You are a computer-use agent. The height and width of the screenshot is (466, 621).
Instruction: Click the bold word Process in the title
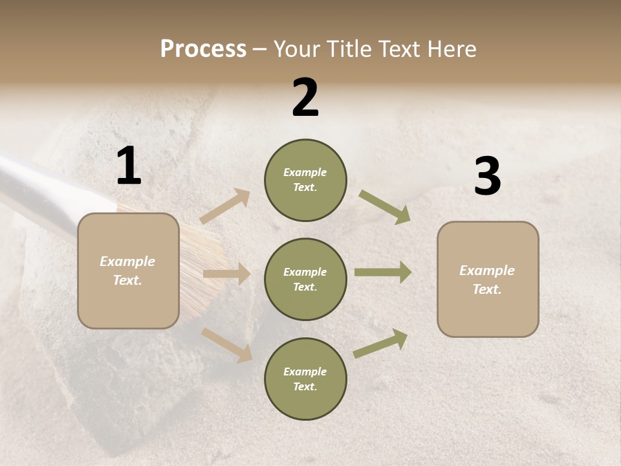point(203,49)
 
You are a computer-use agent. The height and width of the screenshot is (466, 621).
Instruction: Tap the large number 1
point(129,166)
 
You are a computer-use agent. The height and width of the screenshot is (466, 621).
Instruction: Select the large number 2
point(305,98)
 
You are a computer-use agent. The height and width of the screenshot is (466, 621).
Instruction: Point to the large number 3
point(487,177)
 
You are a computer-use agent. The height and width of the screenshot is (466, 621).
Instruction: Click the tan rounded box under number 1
point(128,271)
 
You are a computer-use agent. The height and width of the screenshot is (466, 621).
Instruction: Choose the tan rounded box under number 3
point(488,279)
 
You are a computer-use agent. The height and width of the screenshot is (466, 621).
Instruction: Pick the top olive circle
point(305,180)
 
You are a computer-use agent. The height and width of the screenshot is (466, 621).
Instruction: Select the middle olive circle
point(305,279)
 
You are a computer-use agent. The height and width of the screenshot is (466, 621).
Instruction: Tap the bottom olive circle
point(305,379)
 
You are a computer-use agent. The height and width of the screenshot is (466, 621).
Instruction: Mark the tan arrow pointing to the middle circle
point(226,274)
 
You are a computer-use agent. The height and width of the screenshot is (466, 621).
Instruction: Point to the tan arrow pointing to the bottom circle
point(226,344)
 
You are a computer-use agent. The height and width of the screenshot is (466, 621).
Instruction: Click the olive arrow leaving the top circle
point(385,206)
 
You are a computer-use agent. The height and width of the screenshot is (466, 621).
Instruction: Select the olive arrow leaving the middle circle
point(382,272)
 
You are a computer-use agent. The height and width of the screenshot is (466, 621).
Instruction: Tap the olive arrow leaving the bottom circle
point(380,343)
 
